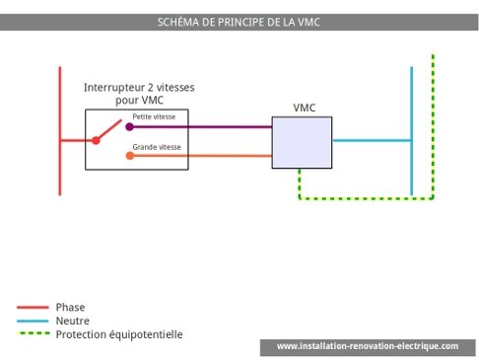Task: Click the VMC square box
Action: (301, 141)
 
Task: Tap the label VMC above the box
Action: (306, 107)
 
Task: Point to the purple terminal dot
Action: (130, 126)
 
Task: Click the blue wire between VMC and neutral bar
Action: (371, 141)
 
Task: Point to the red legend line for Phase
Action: (32, 308)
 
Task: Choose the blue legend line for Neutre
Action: (32, 322)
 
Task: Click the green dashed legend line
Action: (32, 335)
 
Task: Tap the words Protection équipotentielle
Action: (119, 335)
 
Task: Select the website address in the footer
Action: (368, 346)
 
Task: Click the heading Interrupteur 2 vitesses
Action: (139, 88)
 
